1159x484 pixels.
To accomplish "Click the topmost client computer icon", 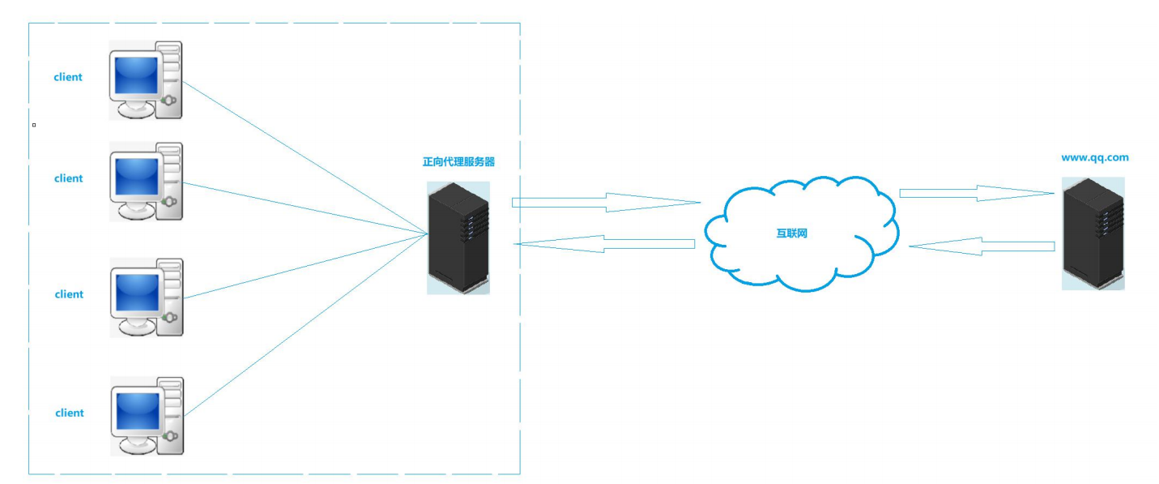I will click(x=146, y=80).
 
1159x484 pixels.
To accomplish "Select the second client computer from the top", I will click(x=146, y=182).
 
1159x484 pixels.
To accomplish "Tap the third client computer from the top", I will click(x=146, y=298).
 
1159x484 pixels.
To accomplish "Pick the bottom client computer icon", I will click(x=146, y=415).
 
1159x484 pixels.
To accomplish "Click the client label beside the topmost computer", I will click(x=68, y=78).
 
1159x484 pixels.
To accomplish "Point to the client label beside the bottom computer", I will click(x=70, y=413).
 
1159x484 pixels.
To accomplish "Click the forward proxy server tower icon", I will click(x=458, y=238).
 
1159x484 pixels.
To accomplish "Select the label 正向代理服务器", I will click(x=458, y=162).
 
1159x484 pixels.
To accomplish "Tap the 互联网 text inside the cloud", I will click(x=792, y=233).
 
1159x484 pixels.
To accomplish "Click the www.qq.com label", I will click(x=1094, y=158).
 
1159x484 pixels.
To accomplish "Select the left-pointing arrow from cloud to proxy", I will click(x=604, y=243).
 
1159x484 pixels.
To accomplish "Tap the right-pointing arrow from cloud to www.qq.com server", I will click(x=976, y=193).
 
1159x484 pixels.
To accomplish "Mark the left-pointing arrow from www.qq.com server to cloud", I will click(x=981, y=245).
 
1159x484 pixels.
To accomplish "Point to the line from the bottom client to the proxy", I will click(x=308, y=324).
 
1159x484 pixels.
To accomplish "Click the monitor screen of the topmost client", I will click(x=136, y=75).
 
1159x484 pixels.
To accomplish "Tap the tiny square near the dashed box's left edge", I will click(x=33, y=125).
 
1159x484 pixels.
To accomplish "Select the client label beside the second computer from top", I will click(x=69, y=178).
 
